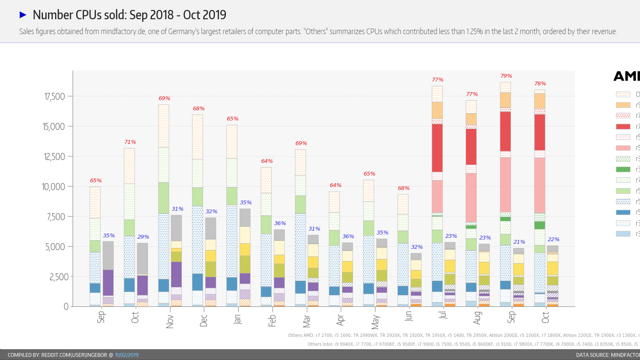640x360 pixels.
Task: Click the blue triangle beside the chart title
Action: [23, 15]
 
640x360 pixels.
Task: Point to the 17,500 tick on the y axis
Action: [54, 96]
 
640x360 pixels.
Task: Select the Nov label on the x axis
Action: [170, 321]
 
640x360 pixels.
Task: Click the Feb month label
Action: [272, 320]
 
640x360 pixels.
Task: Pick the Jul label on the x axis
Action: [442, 315]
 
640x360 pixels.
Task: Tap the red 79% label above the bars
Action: [506, 76]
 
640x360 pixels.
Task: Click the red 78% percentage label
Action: [540, 84]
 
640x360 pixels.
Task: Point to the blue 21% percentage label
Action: [519, 242]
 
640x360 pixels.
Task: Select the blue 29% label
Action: [143, 237]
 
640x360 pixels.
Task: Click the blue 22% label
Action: [554, 240]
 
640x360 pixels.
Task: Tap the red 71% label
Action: [130, 142]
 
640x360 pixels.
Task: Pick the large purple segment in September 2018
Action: [108, 282]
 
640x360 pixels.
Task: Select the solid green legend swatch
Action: [623, 170]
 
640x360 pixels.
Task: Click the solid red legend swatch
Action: [623, 126]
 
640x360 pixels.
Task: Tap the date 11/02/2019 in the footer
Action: [126, 355]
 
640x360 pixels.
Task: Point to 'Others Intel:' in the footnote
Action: [320, 344]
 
